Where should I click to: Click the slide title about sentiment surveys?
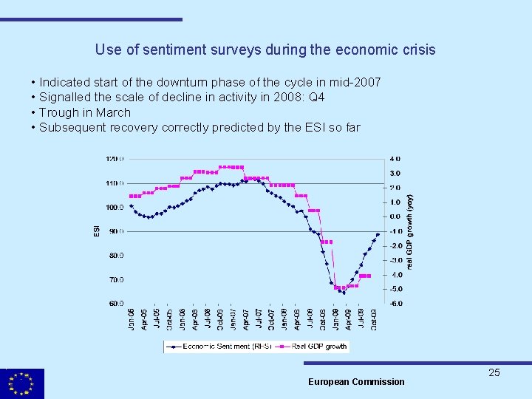coord(265,50)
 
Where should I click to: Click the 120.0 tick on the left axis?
coord(115,158)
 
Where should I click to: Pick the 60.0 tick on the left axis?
coord(116,303)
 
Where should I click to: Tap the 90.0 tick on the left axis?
coord(116,231)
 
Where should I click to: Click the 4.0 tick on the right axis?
coord(395,158)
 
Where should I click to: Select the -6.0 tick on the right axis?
coord(395,303)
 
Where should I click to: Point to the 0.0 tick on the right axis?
coord(395,216)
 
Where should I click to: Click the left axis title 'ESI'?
coord(97,231)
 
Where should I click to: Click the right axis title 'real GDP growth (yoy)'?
coord(411,231)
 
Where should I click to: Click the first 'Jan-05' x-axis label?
coord(132,319)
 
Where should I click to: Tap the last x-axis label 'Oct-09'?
coord(375,319)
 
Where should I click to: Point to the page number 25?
coord(494,372)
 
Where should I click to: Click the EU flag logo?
coord(22,383)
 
